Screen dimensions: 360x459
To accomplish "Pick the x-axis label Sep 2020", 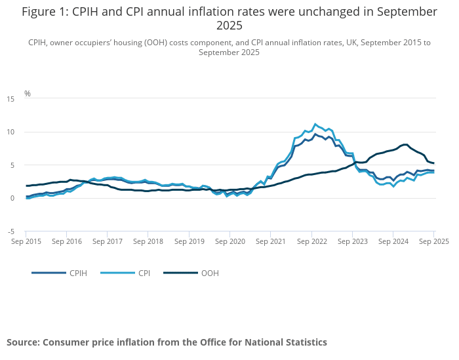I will [230, 241].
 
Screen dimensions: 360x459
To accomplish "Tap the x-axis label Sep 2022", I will [311, 241].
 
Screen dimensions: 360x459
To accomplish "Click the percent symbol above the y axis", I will [28, 94].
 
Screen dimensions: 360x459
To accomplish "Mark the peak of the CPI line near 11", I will [315, 124].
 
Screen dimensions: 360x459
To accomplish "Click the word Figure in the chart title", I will [41, 12].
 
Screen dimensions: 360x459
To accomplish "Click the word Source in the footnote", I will [24, 342].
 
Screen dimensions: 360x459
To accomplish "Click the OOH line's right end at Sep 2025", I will [434, 163].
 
